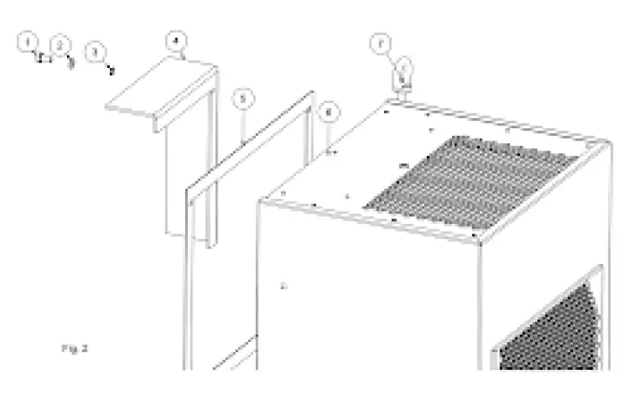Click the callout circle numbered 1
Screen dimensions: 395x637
[29, 41]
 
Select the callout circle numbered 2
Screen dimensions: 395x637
[60, 45]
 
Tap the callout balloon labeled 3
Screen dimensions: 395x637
[95, 52]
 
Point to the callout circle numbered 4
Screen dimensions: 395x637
[177, 41]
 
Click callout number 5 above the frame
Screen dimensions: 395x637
[242, 97]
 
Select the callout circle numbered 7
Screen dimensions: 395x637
[378, 43]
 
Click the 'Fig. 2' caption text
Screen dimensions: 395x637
[74, 349]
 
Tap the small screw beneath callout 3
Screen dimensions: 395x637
[111, 68]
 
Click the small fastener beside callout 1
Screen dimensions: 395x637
[42, 57]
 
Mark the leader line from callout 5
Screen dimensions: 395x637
[243, 125]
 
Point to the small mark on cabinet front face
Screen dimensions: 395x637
[283, 287]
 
